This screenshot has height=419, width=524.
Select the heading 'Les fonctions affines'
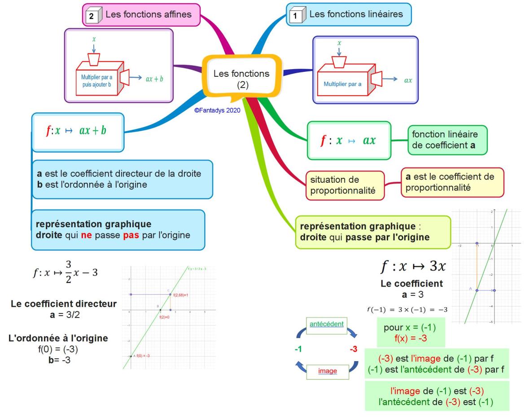tap(148, 14)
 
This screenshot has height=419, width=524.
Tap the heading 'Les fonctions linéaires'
tap(356, 14)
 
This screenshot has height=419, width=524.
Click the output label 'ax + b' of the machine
tap(154, 78)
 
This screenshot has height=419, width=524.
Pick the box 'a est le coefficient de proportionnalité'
tap(452, 183)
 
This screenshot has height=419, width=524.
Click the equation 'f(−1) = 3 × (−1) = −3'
tap(408, 310)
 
